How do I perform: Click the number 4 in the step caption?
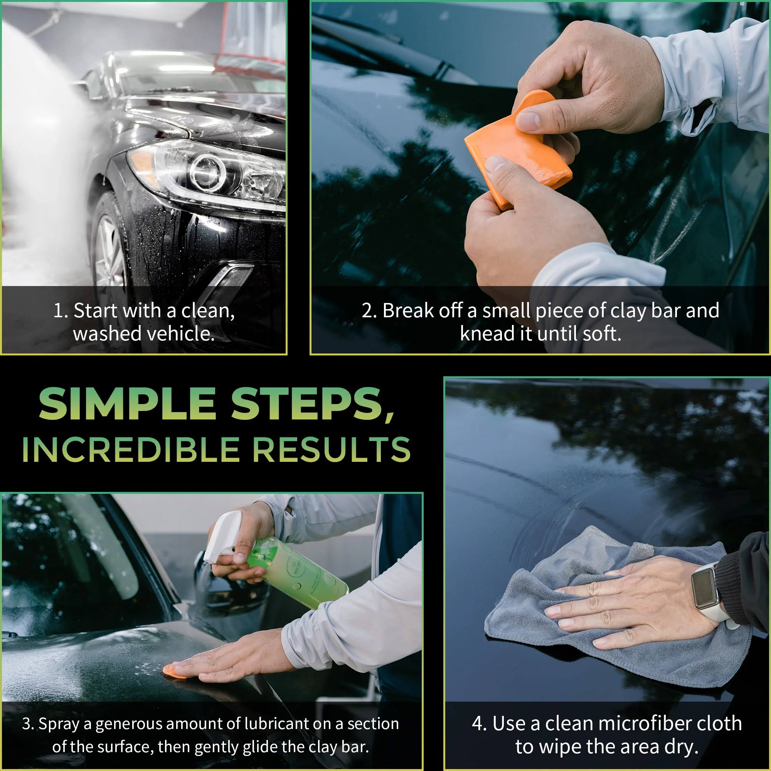(x=478, y=723)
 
